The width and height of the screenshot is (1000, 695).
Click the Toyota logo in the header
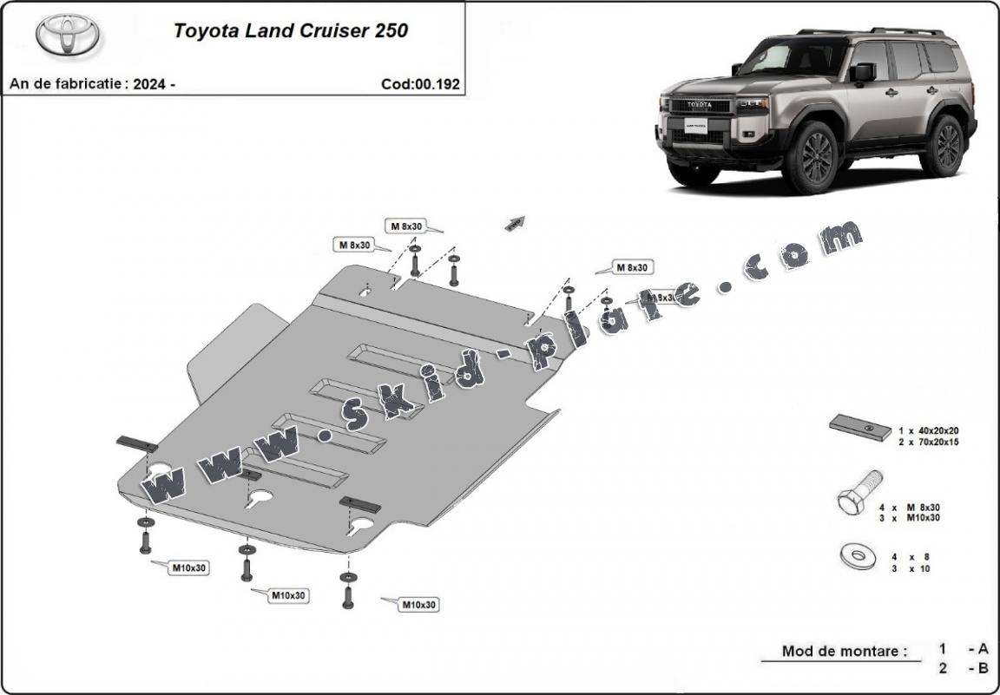pyautogui.click(x=68, y=34)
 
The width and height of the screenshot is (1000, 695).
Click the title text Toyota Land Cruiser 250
pyautogui.click(x=291, y=30)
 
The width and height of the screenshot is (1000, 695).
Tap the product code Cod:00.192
pyautogui.click(x=420, y=84)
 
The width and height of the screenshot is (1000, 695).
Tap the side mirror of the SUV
pyautogui.click(x=862, y=73)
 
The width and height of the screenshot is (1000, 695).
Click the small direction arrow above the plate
pyautogui.click(x=516, y=223)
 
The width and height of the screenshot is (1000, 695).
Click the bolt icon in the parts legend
pyautogui.click(x=859, y=493)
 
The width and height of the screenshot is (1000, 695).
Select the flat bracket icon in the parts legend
pyautogui.click(x=859, y=427)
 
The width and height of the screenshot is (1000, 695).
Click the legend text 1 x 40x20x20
pyautogui.click(x=928, y=430)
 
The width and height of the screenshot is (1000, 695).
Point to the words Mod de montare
pyautogui.click(x=844, y=651)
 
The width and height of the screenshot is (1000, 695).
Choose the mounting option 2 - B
pyautogui.click(x=963, y=668)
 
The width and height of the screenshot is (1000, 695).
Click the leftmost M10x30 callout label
pyautogui.click(x=187, y=567)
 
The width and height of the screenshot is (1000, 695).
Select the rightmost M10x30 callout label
pyautogui.click(x=418, y=605)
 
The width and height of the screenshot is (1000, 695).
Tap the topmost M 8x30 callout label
pyautogui.click(x=405, y=226)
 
